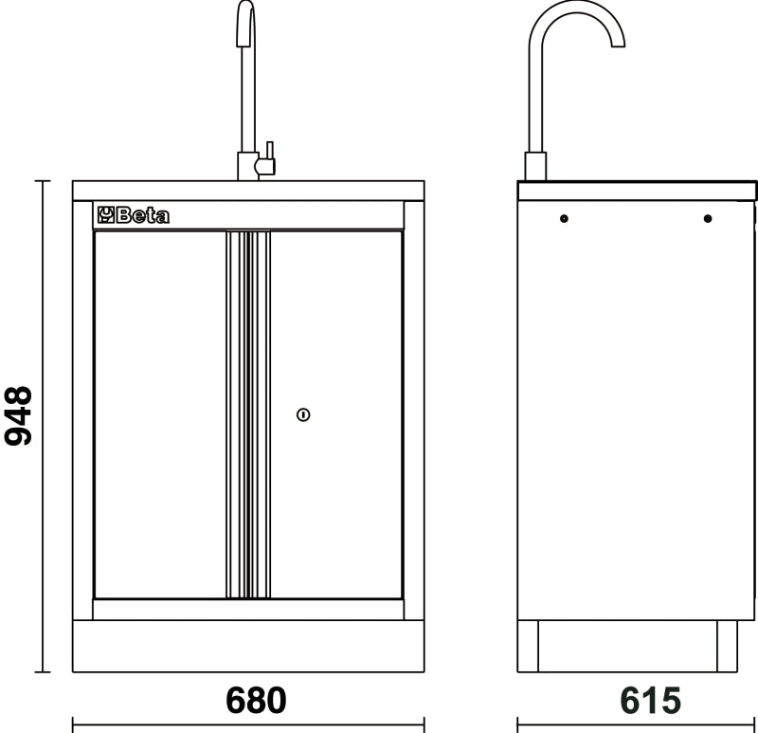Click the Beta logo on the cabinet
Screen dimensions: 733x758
[133, 216]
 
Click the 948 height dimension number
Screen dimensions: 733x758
[20, 415]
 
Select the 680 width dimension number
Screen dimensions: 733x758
[256, 701]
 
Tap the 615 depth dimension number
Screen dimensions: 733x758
[650, 701]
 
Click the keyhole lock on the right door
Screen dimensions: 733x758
[302, 413]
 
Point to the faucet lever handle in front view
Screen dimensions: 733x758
[269, 156]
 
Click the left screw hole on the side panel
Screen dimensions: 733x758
[564, 219]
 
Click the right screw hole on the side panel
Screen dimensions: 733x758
[707, 219]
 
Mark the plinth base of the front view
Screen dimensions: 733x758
[247, 647]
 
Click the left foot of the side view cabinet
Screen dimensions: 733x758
[528, 647]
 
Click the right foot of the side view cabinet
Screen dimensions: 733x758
[728, 647]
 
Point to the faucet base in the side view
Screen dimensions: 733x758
[535, 167]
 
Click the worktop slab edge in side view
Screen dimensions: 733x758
[637, 191]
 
